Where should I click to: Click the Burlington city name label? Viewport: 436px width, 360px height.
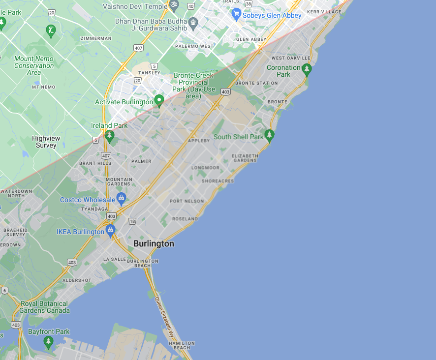point(154,244)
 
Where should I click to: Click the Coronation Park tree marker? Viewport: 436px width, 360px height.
point(307,69)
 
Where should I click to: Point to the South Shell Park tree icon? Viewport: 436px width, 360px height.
point(269,135)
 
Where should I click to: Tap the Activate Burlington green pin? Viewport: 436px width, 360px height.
point(159,101)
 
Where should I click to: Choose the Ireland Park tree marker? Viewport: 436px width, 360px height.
point(109,135)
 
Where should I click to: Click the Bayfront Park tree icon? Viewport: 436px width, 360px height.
point(48,341)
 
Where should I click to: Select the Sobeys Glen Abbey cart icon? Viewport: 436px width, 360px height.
point(236,14)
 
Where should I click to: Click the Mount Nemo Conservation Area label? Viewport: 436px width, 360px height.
point(34,65)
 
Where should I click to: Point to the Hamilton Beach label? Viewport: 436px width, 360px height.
point(182,345)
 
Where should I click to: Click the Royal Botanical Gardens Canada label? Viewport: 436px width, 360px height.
point(45,307)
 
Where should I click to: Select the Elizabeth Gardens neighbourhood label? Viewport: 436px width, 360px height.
point(245,158)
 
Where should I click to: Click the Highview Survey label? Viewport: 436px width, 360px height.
point(46,142)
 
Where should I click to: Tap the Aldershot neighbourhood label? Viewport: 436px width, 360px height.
point(77,280)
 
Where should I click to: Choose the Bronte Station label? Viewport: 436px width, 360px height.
point(256,83)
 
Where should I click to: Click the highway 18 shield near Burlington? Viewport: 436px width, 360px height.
point(132,222)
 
